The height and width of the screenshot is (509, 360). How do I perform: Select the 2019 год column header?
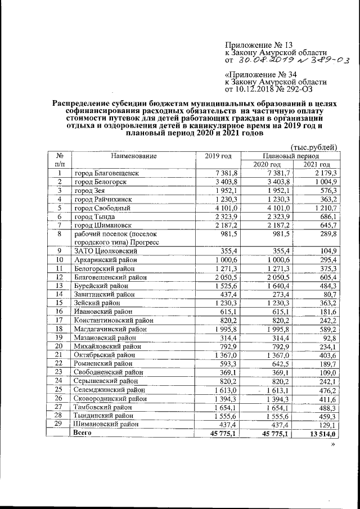[214, 156]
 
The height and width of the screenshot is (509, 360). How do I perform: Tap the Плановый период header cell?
[291, 156]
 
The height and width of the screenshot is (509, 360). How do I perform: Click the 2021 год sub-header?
[317, 164]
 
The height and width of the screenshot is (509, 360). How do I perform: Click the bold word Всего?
[84, 433]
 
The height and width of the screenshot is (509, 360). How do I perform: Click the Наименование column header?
[133, 156]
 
